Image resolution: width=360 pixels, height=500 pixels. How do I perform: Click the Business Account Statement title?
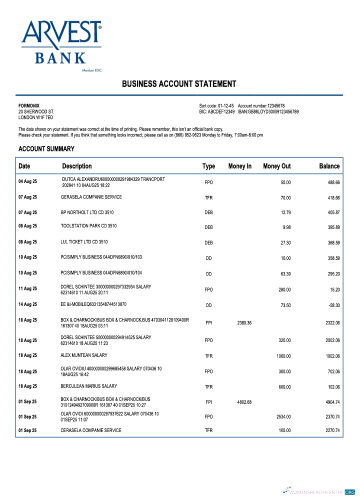[x=179, y=84]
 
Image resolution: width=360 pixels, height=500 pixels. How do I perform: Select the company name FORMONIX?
[x=29, y=106]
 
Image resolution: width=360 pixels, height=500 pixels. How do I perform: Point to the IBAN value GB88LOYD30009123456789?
[x=273, y=112]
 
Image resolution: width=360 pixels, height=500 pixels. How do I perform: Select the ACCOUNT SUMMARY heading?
[x=46, y=149]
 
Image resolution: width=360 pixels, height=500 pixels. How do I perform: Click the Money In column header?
[x=240, y=166]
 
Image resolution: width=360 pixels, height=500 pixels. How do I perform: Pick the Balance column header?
[x=329, y=166]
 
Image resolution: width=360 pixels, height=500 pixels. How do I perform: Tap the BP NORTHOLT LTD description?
[x=87, y=212]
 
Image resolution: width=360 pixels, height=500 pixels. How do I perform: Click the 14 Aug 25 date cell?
[x=27, y=304]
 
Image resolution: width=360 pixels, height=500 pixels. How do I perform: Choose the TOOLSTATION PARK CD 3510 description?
[x=88, y=226]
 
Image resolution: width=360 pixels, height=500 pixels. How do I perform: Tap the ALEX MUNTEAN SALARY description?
[x=84, y=355]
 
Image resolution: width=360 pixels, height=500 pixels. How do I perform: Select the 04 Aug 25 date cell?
[x=27, y=181]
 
